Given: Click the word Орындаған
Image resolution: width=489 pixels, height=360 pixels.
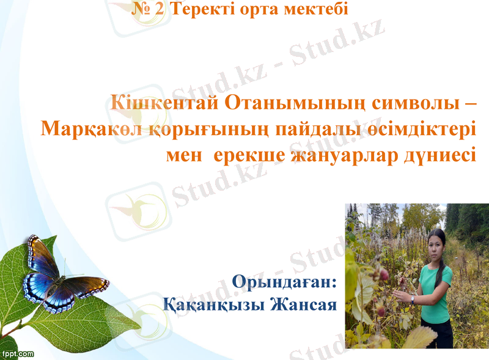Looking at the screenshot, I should [284, 283].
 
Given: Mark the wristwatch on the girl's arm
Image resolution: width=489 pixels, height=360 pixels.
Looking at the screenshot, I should [413, 299].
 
